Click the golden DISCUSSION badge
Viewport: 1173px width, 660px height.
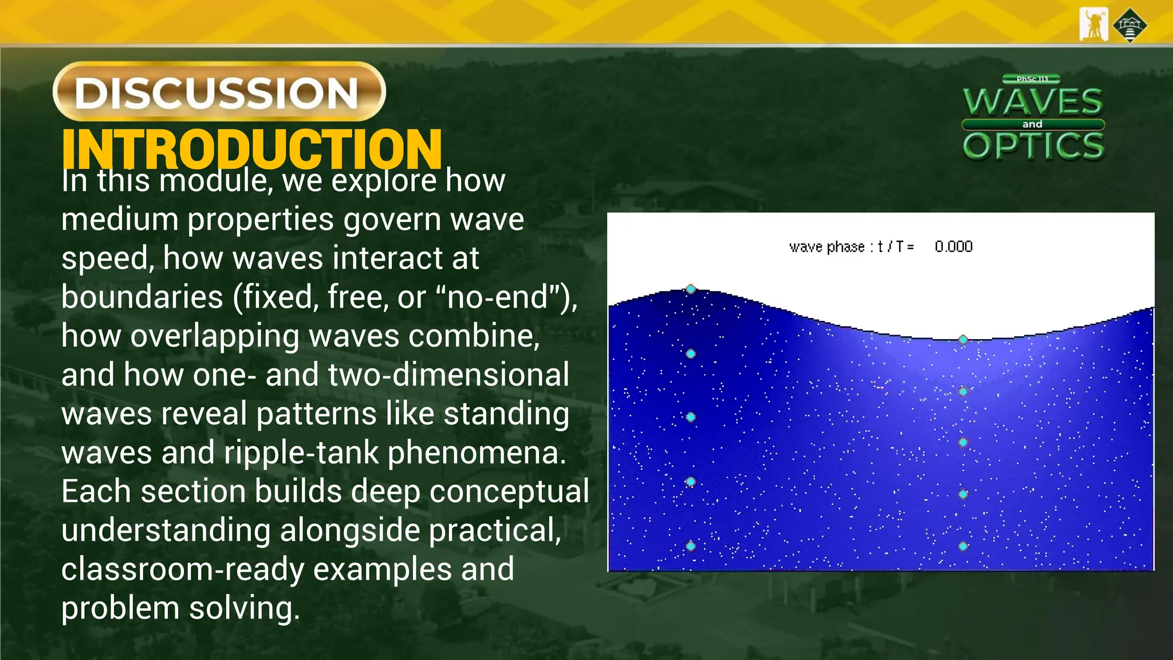(219, 92)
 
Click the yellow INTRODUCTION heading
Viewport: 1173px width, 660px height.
(252, 147)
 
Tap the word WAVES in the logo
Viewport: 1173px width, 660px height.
(1033, 102)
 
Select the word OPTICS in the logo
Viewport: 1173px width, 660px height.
(1033, 146)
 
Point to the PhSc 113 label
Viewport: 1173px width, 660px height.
(1032, 79)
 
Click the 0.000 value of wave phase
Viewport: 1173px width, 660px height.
(954, 247)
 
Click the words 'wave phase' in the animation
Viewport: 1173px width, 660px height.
(826, 247)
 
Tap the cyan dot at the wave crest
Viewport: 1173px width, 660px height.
(691, 289)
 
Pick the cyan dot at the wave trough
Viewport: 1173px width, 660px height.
(963, 340)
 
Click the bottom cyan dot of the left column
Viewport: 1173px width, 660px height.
(691, 546)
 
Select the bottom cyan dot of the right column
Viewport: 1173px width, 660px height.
(963, 546)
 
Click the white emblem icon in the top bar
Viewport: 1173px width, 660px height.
(1093, 25)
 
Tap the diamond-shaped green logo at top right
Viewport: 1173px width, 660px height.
(1129, 25)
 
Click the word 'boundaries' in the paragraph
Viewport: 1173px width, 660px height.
(142, 297)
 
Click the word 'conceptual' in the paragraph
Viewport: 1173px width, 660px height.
(509, 492)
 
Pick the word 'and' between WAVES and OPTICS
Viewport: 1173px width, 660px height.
(1032, 124)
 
